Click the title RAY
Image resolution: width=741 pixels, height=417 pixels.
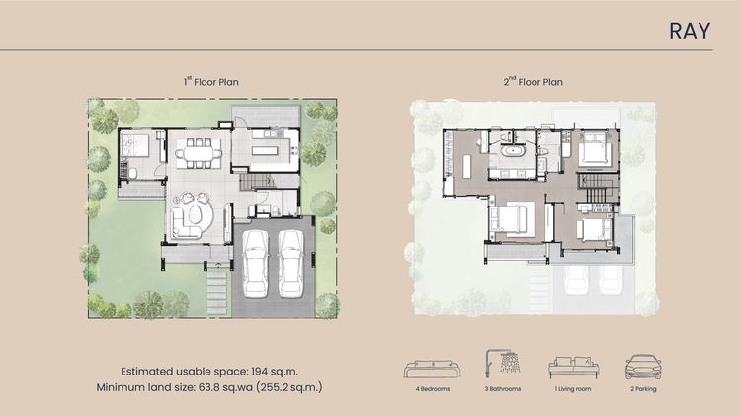point(690,31)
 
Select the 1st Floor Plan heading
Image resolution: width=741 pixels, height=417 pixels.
point(210,81)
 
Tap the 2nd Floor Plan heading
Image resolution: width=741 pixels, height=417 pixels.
point(534,81)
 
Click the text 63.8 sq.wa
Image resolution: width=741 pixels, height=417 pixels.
point(225,387)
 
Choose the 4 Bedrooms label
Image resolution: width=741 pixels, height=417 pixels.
point(433,389)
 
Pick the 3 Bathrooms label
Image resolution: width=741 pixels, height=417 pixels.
point(502,389)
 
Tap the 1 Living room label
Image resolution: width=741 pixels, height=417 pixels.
point(573,389)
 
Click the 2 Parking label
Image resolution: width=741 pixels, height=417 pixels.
point(643,389)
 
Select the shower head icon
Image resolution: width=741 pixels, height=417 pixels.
point(502,363)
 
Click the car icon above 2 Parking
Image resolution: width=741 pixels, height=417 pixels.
point(643,367)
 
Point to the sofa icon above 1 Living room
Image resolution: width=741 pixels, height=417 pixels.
point(573,368)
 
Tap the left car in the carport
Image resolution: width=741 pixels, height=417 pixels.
point(255,264)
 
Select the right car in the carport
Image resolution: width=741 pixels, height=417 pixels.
point(290,264)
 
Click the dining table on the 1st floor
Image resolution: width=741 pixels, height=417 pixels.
point(199,153)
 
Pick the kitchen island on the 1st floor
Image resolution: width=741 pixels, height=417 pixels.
point(267,151)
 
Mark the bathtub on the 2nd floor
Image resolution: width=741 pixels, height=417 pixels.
point(512,152)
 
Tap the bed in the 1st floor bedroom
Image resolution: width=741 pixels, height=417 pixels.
point(134,144)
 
